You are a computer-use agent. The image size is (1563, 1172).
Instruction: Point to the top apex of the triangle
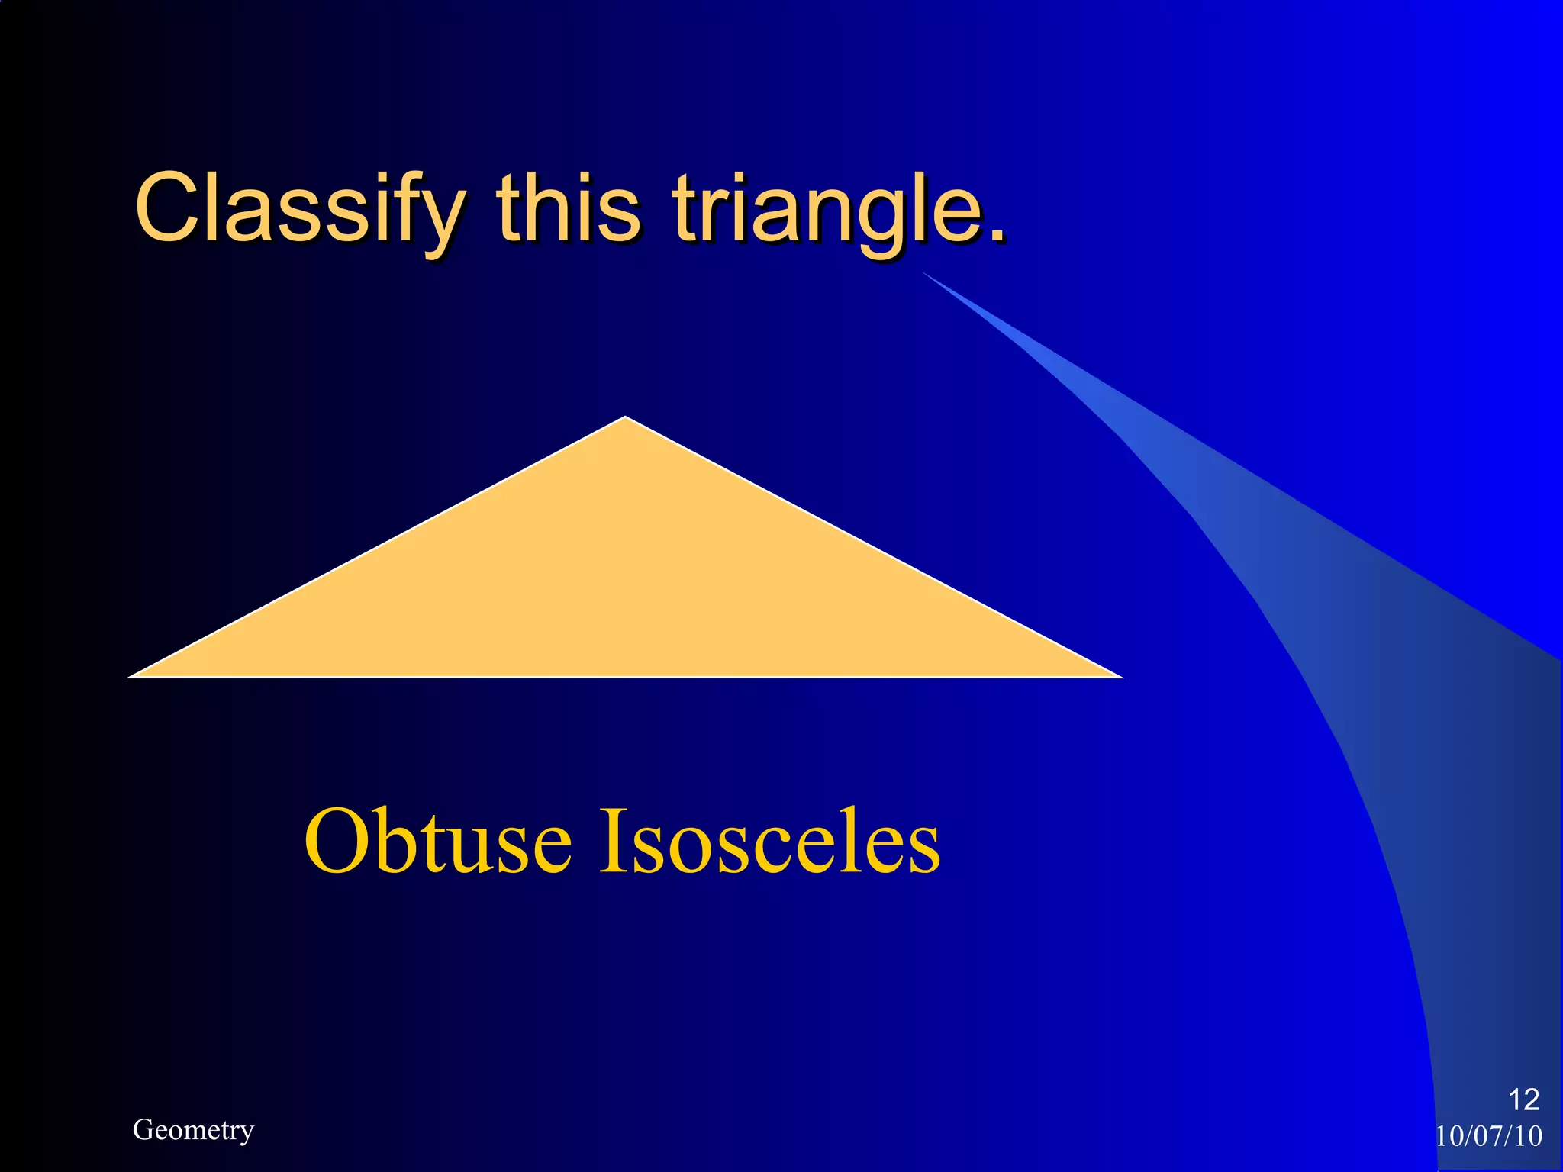point(625,419)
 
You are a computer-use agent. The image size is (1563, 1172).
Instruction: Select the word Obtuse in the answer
point(438,842)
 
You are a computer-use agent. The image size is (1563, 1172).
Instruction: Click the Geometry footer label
point(193,1130)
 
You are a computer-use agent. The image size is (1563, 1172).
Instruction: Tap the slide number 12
point(1523,1100)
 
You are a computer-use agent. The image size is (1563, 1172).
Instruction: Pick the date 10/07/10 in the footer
point(1489,1136)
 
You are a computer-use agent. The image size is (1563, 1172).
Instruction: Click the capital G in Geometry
point(143,1129)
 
